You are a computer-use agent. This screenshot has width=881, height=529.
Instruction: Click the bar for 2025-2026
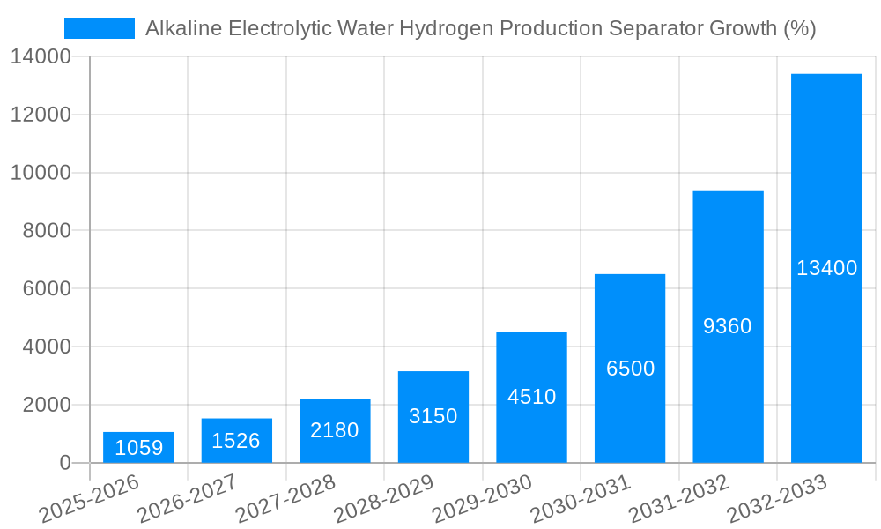[138, 447]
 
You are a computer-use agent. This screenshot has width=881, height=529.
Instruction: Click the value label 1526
[236, 441]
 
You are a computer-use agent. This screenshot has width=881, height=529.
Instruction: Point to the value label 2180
[335, 430]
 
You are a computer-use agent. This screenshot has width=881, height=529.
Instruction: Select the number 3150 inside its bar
[433, 416]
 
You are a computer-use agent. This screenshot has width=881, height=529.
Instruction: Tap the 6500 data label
[630, 369]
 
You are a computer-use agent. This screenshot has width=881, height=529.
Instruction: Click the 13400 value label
[826, 268]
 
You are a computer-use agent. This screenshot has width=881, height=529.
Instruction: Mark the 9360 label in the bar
[728, 326]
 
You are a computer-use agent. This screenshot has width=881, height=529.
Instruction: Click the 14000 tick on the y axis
[41, 57]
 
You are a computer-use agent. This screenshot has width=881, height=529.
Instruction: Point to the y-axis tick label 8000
[46, 231]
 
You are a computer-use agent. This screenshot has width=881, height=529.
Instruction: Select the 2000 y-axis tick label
[46, 405]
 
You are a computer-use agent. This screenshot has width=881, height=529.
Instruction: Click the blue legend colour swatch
[100, 28]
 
